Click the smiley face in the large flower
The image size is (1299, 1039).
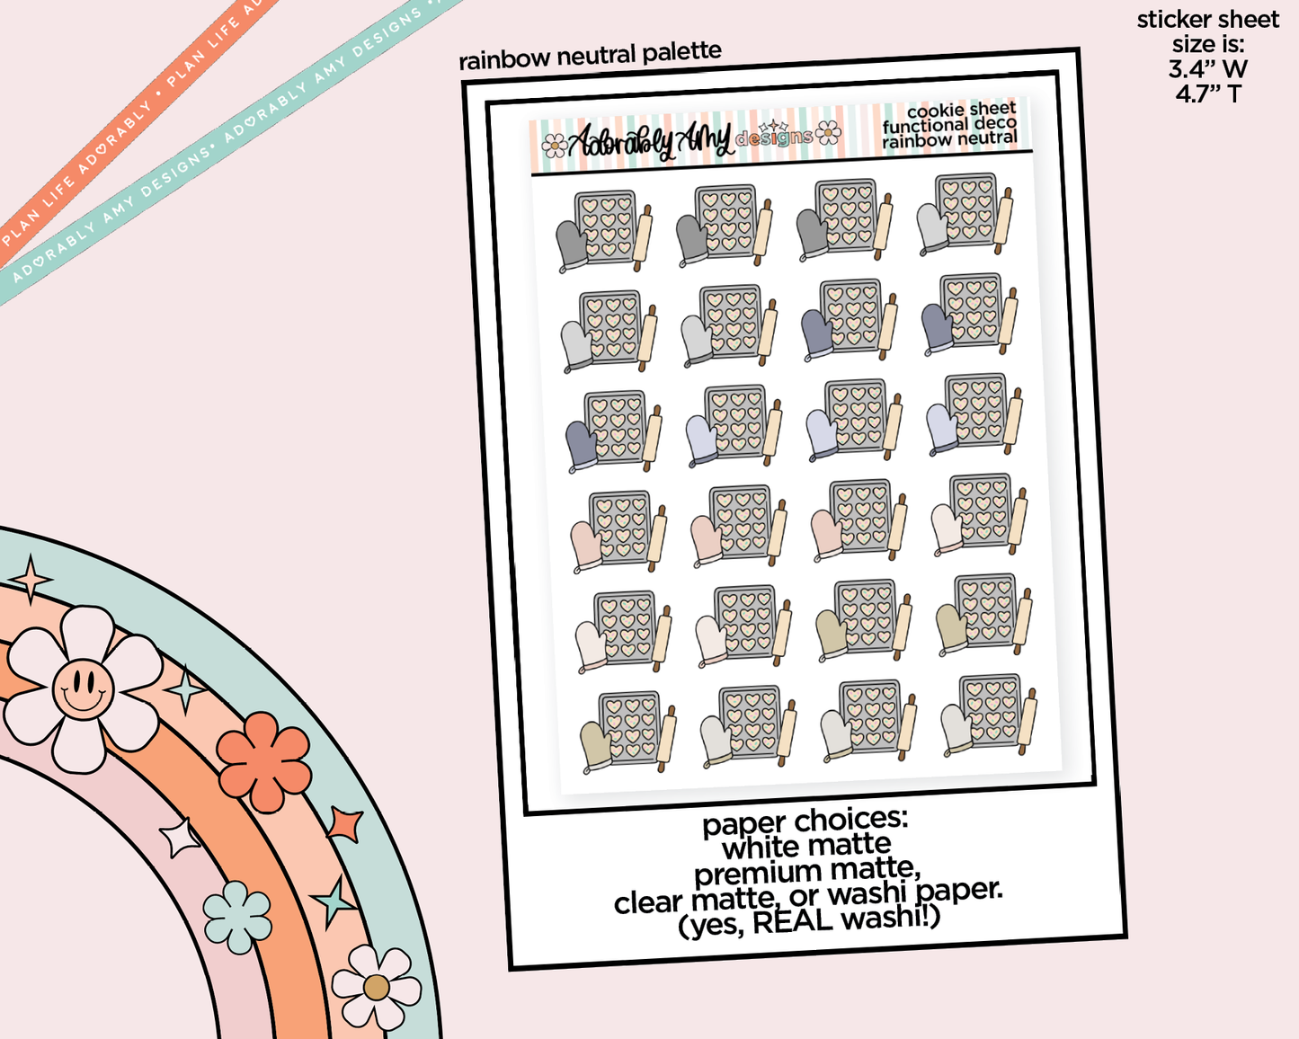coord(84,688)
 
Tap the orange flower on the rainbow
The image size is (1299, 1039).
coord(263,761)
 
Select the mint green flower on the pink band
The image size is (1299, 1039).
coord(237,917)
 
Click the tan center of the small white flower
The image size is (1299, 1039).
coord(376,988)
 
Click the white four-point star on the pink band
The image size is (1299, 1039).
coord(179,838)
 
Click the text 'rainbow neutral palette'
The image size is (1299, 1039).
coord(590,56)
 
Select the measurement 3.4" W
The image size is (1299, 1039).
coord(1208,69)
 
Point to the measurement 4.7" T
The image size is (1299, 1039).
coord(1208,94)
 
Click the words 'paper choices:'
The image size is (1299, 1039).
coord(805,821)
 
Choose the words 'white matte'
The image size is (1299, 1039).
coord(806,846)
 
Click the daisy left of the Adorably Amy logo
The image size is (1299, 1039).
coord(554,146)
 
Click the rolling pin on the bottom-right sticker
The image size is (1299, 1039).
coord(1028,722)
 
